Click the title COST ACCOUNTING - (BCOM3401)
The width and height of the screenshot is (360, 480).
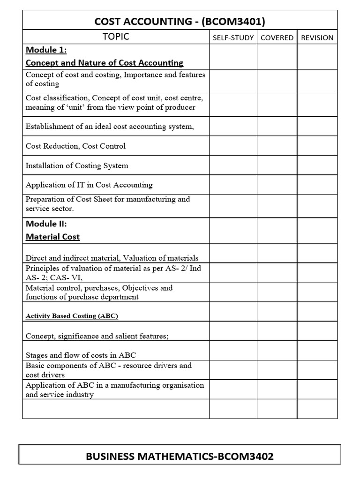click(180, 22)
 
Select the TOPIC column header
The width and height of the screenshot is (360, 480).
click(116, 37)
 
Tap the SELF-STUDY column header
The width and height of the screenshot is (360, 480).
click(233, 37)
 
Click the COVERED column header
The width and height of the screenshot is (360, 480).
click(277, 37)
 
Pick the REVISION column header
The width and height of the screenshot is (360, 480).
click(317, 37)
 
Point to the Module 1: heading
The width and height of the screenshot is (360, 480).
click(46, 50)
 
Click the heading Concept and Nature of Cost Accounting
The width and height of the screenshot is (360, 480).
click(104, 62)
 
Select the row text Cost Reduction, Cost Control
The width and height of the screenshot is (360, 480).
click(75, 146)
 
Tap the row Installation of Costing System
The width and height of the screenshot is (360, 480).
click(76, 165)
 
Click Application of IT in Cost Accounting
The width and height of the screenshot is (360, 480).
click(89, 185)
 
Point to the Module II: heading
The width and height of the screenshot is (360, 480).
click(46, 224)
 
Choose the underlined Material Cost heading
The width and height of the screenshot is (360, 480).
click(52, 237)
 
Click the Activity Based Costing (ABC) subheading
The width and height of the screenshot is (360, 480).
click(72, 316)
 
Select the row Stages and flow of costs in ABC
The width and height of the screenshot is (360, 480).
click(81, 355)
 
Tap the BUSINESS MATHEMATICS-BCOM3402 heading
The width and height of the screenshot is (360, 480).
click(180, 456)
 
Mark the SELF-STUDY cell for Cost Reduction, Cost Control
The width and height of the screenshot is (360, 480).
click(233, 146)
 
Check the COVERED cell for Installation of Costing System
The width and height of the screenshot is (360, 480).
click(277, 165)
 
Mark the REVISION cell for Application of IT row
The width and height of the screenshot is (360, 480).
click(317, 185)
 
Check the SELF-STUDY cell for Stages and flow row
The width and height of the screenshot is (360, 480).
click(233, 351)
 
